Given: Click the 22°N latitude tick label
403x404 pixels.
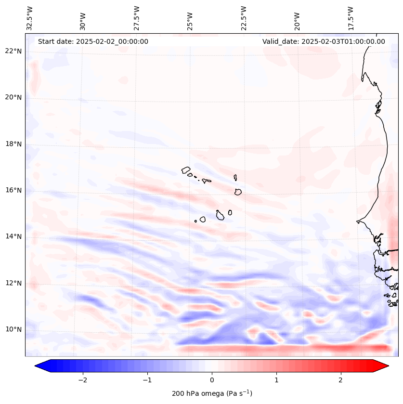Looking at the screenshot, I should tap(14, 51).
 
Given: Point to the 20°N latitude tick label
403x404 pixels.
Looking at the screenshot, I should tap(14, 97).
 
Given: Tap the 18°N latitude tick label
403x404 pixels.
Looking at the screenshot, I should tap(14, 144).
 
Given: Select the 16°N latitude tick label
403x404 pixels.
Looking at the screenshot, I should tap(14, 190).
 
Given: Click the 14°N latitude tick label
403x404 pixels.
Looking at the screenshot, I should tap(14, 236).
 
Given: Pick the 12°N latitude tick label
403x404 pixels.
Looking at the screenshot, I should tap(14, 283).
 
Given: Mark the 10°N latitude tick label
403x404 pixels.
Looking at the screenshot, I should tap(14, 329).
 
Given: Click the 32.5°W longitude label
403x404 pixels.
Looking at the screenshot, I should tap(30, 18).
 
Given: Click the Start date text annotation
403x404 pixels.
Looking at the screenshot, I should tap(93, 41).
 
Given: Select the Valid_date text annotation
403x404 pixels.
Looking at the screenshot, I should tap(324, 41).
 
